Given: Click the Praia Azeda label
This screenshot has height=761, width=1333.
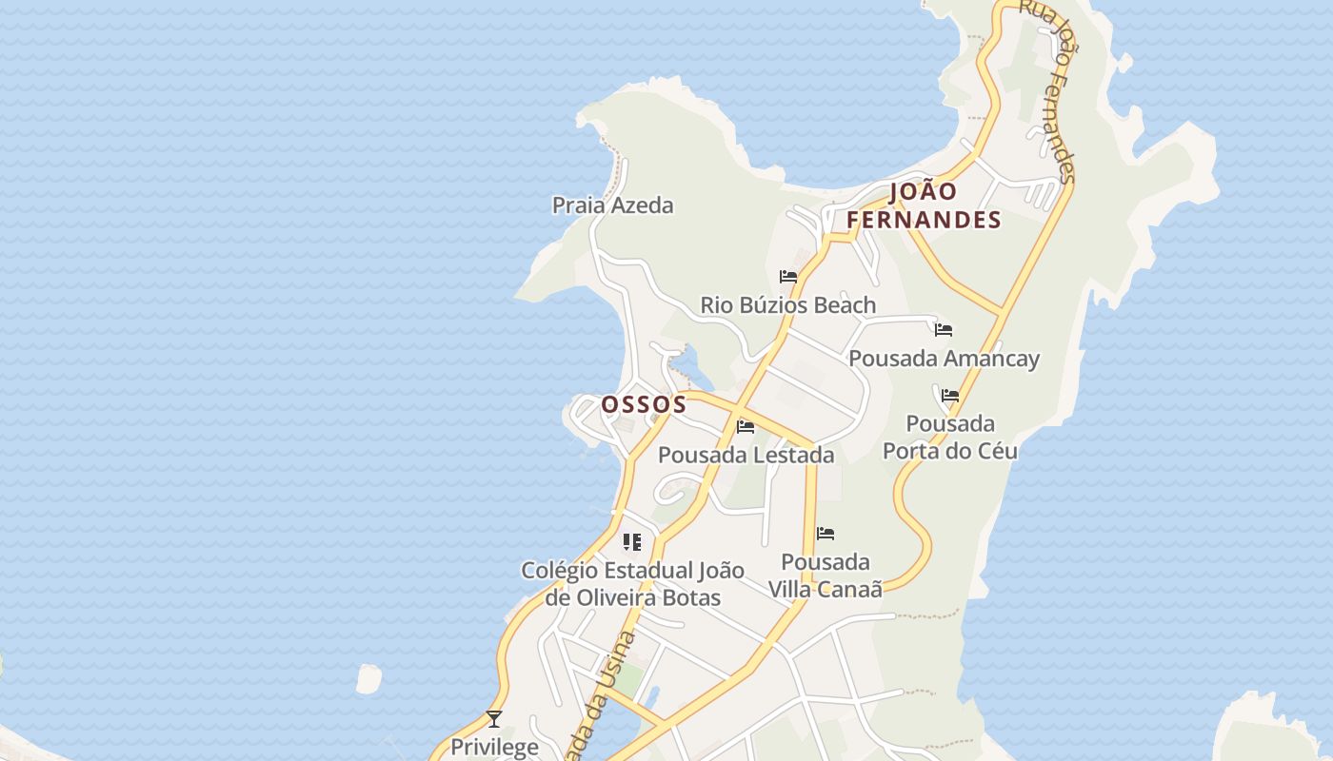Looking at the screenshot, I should point(612,205).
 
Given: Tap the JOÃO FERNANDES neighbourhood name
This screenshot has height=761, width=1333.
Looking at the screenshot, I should point(924,206).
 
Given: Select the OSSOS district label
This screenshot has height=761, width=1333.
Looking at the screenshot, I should point(644,404).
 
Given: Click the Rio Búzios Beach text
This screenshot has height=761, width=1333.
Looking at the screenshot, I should point(787,305).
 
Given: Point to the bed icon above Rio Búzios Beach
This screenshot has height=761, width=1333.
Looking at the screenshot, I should point(788,277).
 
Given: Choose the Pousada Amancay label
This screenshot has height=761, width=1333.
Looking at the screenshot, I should point(944,359).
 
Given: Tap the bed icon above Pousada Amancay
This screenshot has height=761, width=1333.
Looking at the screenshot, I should point(944,330).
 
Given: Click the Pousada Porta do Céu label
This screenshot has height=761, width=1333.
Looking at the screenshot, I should point(949,437).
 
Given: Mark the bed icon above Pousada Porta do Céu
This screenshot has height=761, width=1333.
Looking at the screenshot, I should point(949,396).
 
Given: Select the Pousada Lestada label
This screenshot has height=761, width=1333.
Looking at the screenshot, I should point(746,455).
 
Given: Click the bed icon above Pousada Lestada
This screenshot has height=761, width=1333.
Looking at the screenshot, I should point(746,426).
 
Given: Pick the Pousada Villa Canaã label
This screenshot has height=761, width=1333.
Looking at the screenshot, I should point(825,575).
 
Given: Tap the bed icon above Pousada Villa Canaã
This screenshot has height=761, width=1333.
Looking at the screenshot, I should point(826,534).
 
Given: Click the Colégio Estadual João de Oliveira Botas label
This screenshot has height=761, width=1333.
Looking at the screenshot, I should point(632,584).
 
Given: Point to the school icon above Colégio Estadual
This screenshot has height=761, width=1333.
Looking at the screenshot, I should point(631,542).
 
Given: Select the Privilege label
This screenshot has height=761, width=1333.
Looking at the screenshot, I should point(494,747).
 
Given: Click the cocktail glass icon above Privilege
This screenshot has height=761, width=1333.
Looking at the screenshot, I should point(494,719).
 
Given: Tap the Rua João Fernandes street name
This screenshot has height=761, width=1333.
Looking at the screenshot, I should point(1047,90).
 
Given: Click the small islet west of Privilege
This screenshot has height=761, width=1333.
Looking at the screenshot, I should point(368,678).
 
